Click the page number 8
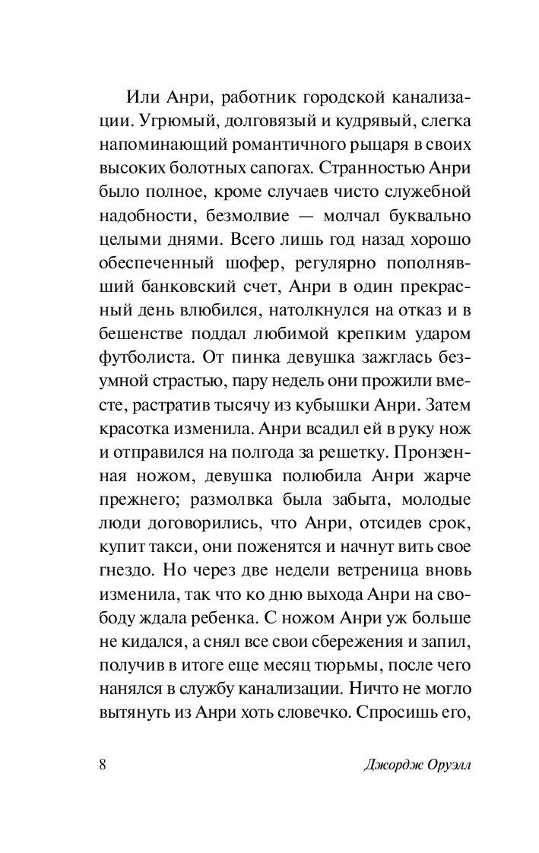click(102, 764)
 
